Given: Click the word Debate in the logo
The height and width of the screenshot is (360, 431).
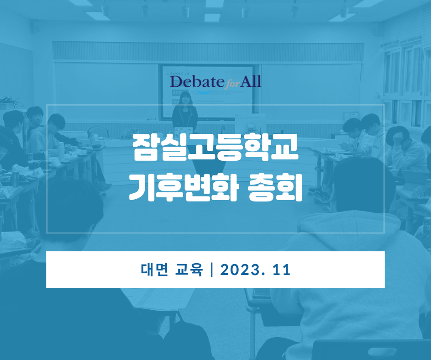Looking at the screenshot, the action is click(x=197, y=81).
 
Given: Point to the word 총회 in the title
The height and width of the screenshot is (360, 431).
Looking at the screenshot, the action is click(x=275, y=187).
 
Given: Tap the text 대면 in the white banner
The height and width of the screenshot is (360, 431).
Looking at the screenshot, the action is click(x=154, y=270).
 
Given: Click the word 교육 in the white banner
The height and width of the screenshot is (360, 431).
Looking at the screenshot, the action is click(x=189, y=270).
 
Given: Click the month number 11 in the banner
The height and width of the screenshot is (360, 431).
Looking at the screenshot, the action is click(x=282, y=270).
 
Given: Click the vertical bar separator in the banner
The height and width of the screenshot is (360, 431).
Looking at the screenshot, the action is click(x=211, y=270).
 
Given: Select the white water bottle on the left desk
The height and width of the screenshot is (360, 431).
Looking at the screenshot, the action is click(x=61, y=152).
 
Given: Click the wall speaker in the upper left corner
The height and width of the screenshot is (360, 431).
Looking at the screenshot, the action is click(x=37, y=26).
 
